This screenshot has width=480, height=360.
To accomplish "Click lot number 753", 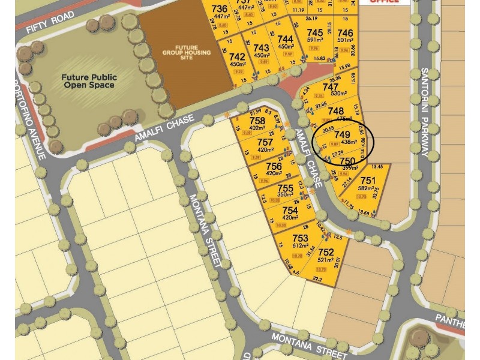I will (300, 238).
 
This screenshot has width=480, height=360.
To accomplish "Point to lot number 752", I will (326, 252).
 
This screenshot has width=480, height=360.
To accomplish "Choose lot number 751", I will (368, 181).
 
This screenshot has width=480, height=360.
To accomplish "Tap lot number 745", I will (314, 32).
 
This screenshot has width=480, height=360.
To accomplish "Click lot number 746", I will (345, 32).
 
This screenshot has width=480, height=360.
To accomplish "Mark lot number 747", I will (331, 86).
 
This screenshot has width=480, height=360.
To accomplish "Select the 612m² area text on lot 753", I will (300, 246).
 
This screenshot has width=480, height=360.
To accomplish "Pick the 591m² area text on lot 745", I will (315, 40).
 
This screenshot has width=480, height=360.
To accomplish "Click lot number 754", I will (290, 210).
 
